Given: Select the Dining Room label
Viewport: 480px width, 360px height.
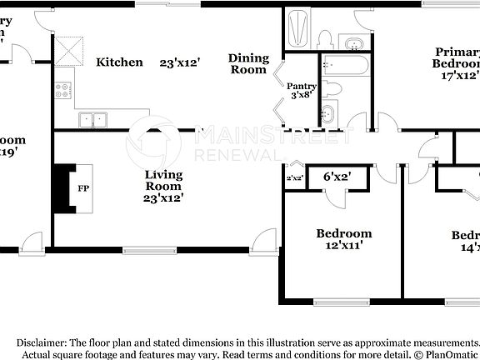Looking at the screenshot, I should pyautogui.click(x=249, y=64).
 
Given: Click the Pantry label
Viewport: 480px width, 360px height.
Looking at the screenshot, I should pyautogui.click(x=300, y=86).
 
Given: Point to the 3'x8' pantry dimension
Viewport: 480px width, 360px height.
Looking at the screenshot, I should pyautogui.click(x=300, y=95).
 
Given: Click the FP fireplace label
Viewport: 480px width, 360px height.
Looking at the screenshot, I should pyautogui.click(x=83, y=188).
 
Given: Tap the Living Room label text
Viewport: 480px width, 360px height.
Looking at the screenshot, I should pyautogui.click(x=163, y=181).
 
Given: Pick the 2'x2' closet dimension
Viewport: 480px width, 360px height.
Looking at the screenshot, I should pyautogui.click(x=294, y=177).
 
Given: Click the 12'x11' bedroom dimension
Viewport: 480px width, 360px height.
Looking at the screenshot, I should pyautogui.click(x=343, y=245).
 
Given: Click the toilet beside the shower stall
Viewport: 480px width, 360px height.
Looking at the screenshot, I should pyautogui.click(x=324, y=38).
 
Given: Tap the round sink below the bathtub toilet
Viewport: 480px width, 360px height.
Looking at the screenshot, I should pyautogui.click(x=328, y=113).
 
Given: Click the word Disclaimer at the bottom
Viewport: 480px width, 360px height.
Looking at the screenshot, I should pyautogui.click(x=41, y=342).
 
